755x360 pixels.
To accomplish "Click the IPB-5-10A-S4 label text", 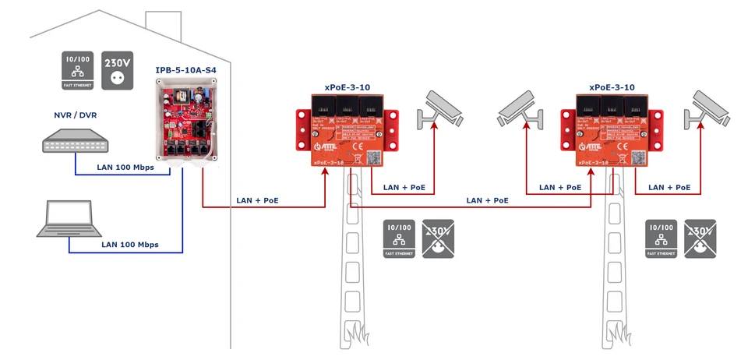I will coord(185,71).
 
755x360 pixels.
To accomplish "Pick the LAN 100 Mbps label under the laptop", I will coord(129,245).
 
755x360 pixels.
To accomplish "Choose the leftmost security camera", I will coord(444,110).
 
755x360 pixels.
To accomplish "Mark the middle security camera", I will coord(519,110).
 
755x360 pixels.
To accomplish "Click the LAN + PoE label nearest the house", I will coord(257,200).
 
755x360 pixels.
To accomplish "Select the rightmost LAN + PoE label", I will coord(669,188).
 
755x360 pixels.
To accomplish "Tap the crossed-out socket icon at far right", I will coord(701,238).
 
